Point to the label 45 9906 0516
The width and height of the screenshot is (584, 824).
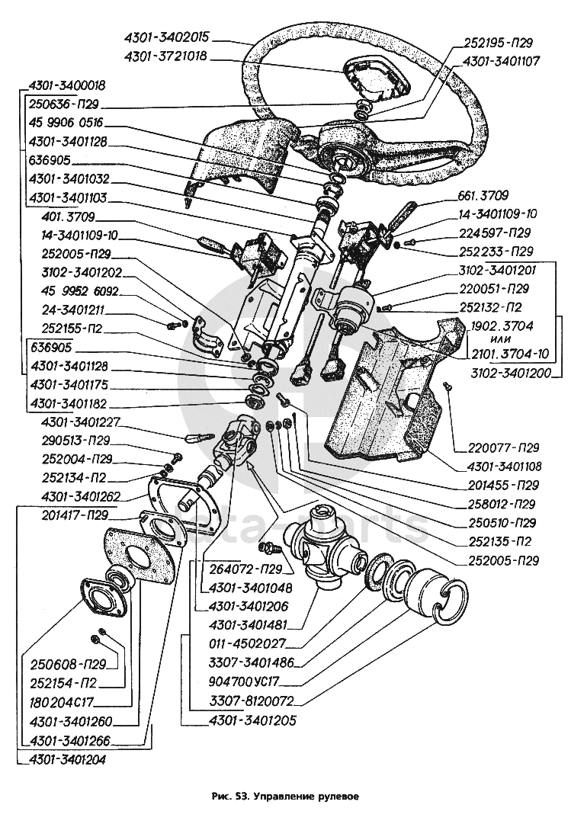click(x=66, y=122)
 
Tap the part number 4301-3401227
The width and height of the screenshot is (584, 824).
click(x=70, y=422)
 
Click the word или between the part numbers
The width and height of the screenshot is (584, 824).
click(x=501, y=340)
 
